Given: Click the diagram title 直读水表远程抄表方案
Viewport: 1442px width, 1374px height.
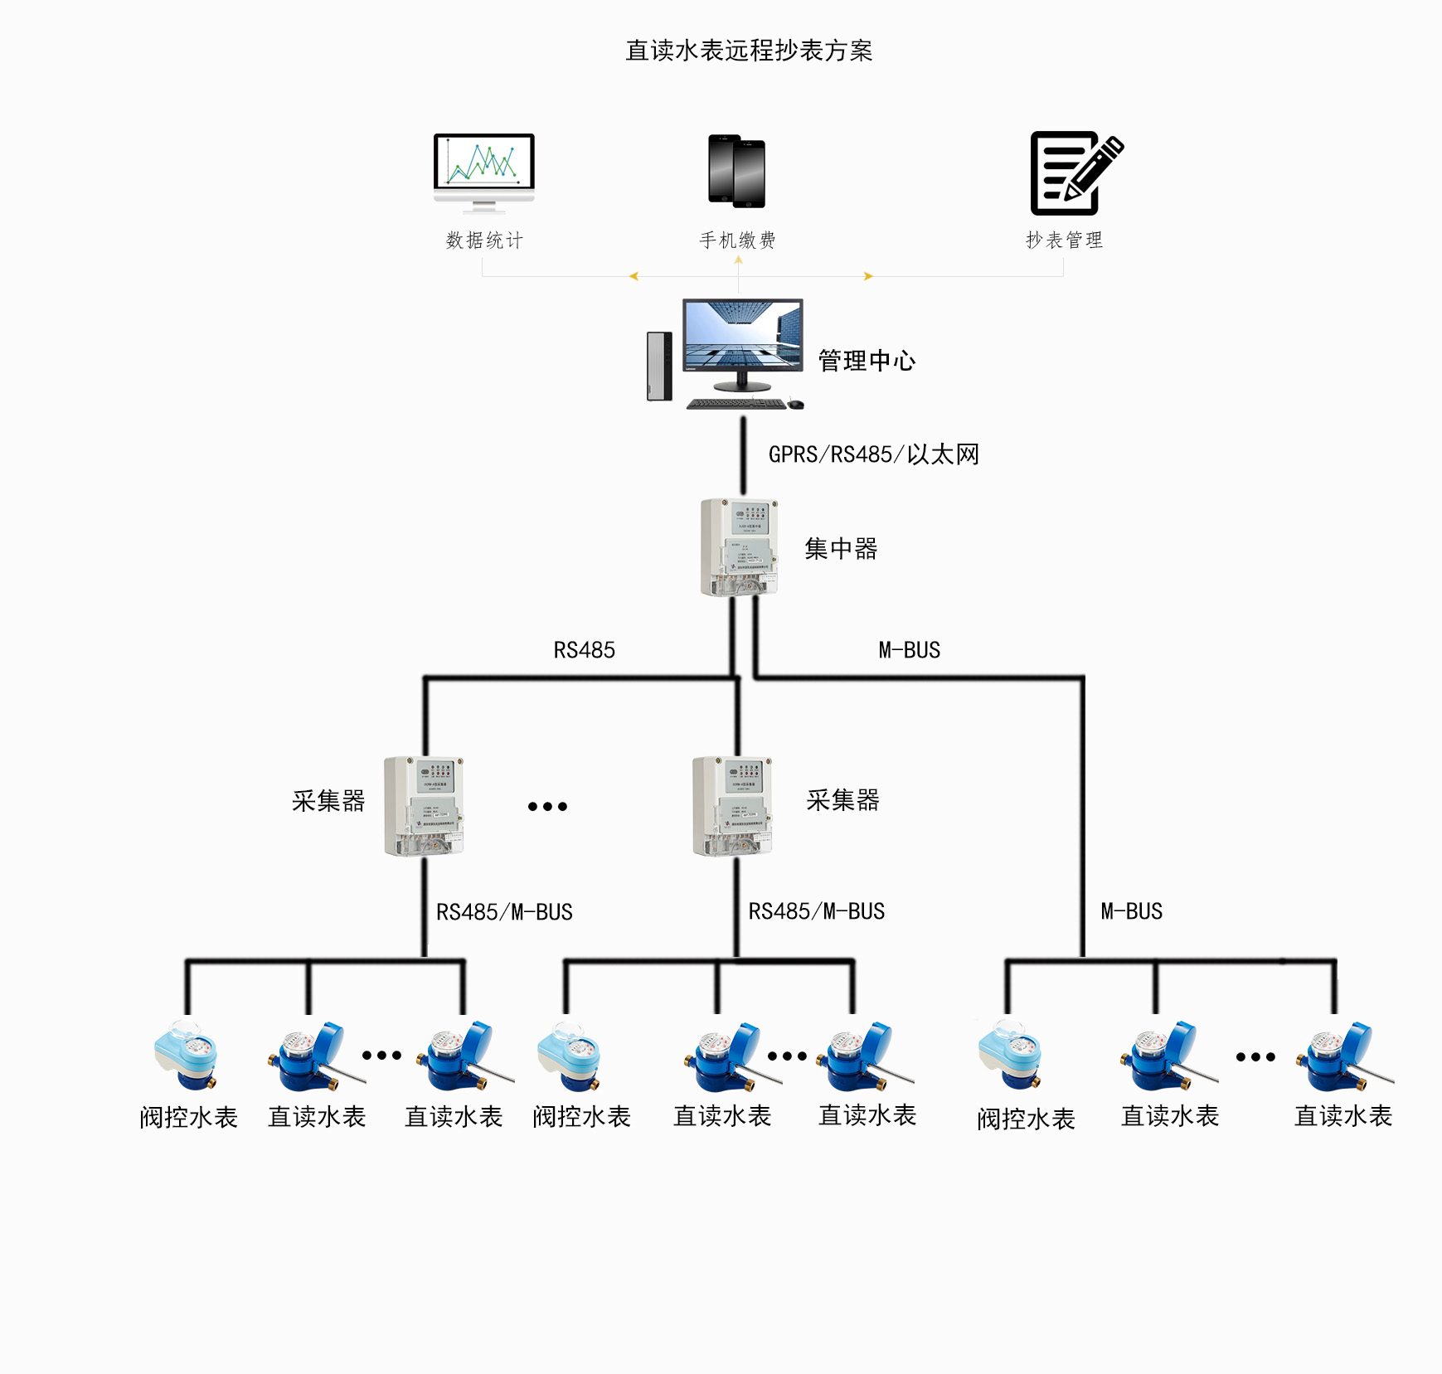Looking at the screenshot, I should tap(749, 51).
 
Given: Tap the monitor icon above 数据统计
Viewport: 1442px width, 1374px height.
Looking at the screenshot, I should tap(484, 170).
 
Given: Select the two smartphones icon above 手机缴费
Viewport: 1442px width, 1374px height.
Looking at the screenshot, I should tap(736, 171).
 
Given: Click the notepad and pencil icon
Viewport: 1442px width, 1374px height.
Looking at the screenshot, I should tap(1075, 173).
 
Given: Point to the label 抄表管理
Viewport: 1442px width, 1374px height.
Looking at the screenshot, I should tap(1064, 240).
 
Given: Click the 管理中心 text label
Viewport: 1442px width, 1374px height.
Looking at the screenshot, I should tap(867, 361).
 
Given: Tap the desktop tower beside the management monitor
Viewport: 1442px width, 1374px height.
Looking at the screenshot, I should tap(659, 366).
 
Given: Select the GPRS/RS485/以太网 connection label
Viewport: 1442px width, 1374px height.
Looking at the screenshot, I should tap(873, 454).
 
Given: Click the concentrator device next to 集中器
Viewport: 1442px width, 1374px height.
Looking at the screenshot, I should tap(739, 547).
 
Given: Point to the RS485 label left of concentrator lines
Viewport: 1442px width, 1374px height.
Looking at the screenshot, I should tap(584, 650).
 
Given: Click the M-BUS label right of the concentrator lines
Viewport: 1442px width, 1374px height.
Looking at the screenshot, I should tap(909, 650).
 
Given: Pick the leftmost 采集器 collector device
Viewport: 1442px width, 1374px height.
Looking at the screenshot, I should tap(424, 805).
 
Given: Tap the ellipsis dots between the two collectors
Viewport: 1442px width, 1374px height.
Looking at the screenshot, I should tap(547, 806).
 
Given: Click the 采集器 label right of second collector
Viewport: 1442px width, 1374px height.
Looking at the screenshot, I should tap(842, 800).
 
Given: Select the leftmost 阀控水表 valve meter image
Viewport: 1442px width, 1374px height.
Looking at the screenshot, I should tap(187, 1056).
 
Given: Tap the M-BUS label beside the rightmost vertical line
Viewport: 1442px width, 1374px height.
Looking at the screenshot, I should tap(1131, 911).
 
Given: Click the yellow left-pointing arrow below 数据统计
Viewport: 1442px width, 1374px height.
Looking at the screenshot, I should tap(634, 276).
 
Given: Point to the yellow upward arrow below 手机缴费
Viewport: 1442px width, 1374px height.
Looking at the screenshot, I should tap(738, 260).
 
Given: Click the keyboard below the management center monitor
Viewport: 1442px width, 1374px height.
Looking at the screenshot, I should tap(736, 404).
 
